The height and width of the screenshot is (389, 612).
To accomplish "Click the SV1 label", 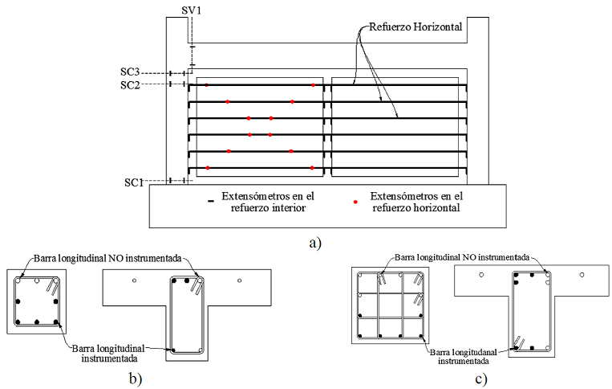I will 193,9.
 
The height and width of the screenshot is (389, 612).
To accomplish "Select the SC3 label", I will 132,73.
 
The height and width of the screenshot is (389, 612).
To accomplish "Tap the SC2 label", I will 132,84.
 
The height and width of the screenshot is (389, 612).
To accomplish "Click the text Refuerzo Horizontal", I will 415,27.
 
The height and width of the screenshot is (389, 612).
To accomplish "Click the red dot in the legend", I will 355,202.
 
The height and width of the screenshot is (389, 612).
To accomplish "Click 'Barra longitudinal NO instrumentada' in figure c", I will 460,258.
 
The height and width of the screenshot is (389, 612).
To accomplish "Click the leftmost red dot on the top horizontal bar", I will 207,84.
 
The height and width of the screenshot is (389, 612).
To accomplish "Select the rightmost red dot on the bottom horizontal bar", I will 312,168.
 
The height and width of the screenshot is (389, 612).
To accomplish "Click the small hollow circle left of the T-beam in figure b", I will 135,280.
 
